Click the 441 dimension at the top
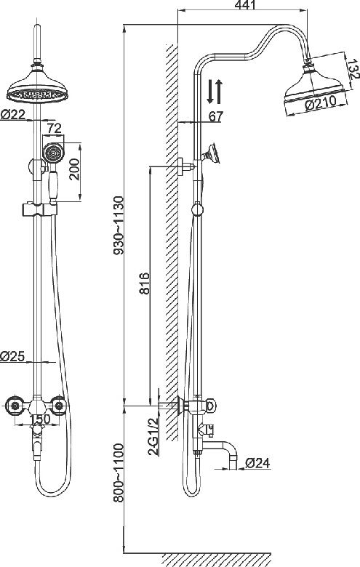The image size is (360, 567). click(x=245, y=5)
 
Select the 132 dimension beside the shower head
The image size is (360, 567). click(x=353, y=70)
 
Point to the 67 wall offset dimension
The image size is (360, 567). click(x=216, y=116)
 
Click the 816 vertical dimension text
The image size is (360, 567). click(x=144, y=283)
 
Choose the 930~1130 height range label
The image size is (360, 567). click(x=119, y=225)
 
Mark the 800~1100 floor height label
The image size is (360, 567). click(x=119, y=472)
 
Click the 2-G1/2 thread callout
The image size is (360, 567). click(x=153, y=436)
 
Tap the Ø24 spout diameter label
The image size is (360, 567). click(x=257, y=463)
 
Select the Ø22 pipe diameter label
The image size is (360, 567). click(x=12, y=115)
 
